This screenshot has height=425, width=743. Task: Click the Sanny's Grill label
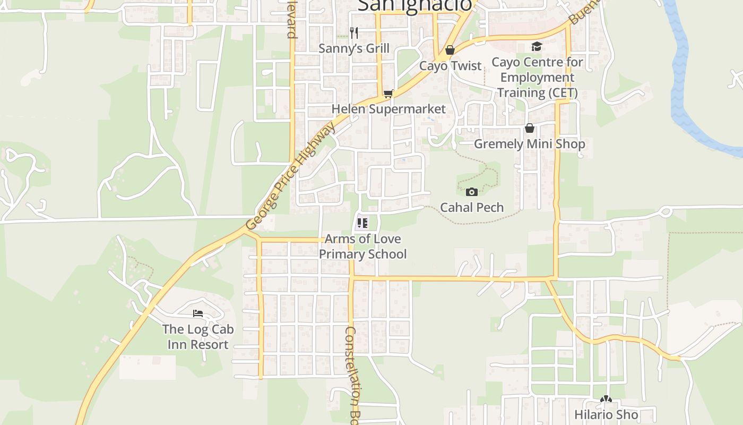pos(354,48)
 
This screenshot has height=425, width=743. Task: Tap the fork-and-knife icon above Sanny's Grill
pos(354,33)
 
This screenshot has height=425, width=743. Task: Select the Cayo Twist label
pos(450,66)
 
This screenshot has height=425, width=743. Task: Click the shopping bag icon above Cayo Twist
pos(450,50)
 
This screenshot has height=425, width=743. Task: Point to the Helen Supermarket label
pos(388,109)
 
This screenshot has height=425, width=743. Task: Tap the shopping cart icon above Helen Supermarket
pos(388,94)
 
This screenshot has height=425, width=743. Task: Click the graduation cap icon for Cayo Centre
pos(537,47)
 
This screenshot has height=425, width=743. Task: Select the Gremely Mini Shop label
pos(529,144)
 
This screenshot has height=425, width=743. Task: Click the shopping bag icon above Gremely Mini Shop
pos(529,128)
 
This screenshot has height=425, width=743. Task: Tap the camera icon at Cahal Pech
pos(471,192)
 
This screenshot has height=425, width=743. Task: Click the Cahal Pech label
pos(472,207)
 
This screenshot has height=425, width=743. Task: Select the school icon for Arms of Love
pos(362,223)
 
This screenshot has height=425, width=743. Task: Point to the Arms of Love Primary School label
pos(363,246)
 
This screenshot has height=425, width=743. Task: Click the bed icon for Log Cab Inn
pos(198,313)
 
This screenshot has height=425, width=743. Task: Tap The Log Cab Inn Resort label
pos(198,337)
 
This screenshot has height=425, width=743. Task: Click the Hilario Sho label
pos(606,414)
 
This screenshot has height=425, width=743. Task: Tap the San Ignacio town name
pos(414,5)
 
